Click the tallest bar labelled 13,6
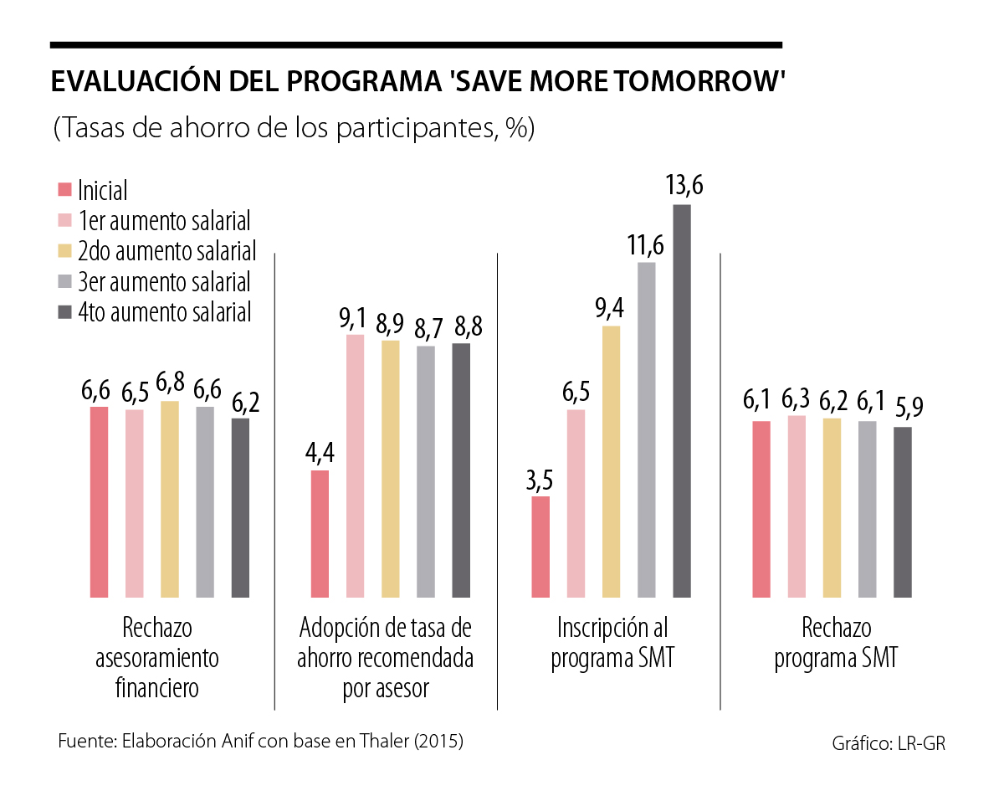coord(682,401)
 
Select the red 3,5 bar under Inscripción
coord(540,547)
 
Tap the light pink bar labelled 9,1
coord(356,465)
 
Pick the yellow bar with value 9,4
coord(612,461)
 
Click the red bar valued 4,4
coord(320,534)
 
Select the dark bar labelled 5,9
coord(902,512)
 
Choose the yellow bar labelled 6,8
coord(169,499)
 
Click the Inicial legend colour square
coord(64,190)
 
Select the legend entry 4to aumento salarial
coord(164,312)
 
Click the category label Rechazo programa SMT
coord(836,643)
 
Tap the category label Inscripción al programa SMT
coord(612,643)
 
